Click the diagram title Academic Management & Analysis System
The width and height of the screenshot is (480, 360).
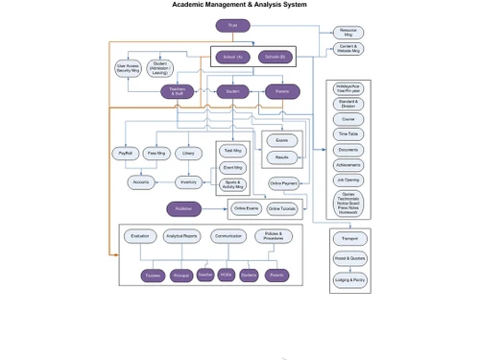(x=239, y=5)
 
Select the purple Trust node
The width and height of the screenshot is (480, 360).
(x=232, y=25)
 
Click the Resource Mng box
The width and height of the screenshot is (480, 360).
(x=348, y=32)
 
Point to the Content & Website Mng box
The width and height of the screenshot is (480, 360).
(x=348, y=49)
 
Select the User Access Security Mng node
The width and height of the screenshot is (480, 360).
(x=129, y=68)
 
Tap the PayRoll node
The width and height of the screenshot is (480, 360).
(x=124, y=153)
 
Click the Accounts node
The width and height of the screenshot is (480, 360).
(x=141, y=182)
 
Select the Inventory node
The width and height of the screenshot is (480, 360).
(x=188, y=182)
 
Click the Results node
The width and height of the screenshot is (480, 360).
(x=282, y=156)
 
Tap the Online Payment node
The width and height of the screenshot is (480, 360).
(x=282, y=182)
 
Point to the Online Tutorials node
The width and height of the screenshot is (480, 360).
(x=281, y=208)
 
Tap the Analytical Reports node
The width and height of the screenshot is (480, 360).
(x=180, y=235)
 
